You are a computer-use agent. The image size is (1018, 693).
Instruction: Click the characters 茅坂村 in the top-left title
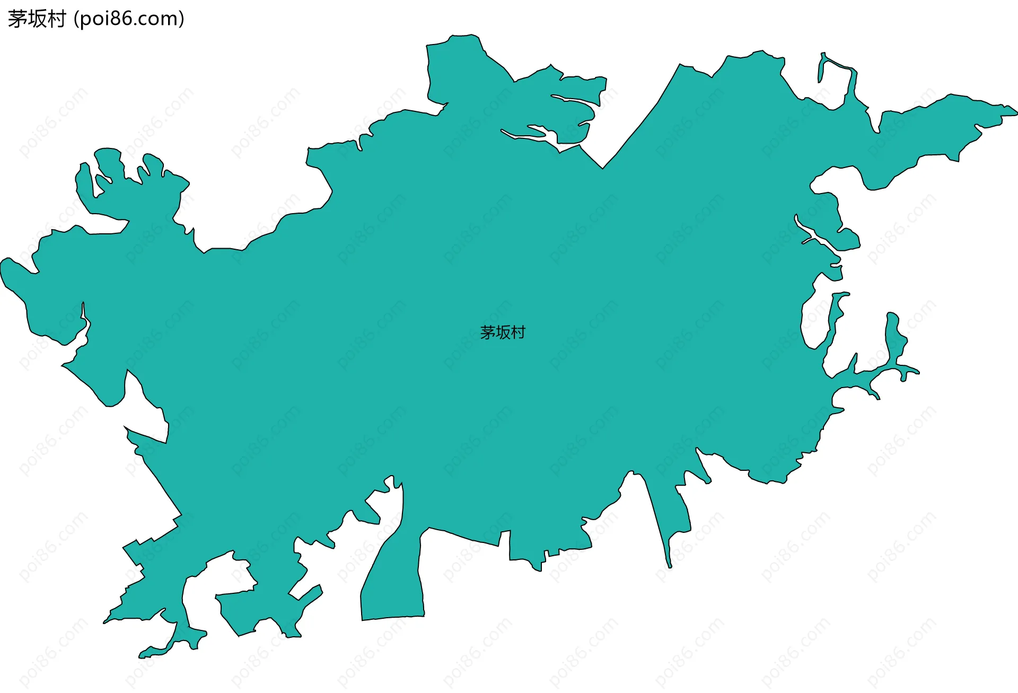(36, 19)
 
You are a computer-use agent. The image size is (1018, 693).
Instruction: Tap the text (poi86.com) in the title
(129, 19)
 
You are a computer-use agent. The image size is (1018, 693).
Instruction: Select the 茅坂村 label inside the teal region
(502, 332)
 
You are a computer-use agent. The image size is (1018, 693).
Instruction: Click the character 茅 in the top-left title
(17, 19)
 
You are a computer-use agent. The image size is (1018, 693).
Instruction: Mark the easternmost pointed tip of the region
(1015, 112)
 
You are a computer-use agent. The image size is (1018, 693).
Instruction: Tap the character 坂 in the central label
(503, 332)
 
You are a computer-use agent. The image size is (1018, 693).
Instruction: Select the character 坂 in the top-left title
(36, 19)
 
